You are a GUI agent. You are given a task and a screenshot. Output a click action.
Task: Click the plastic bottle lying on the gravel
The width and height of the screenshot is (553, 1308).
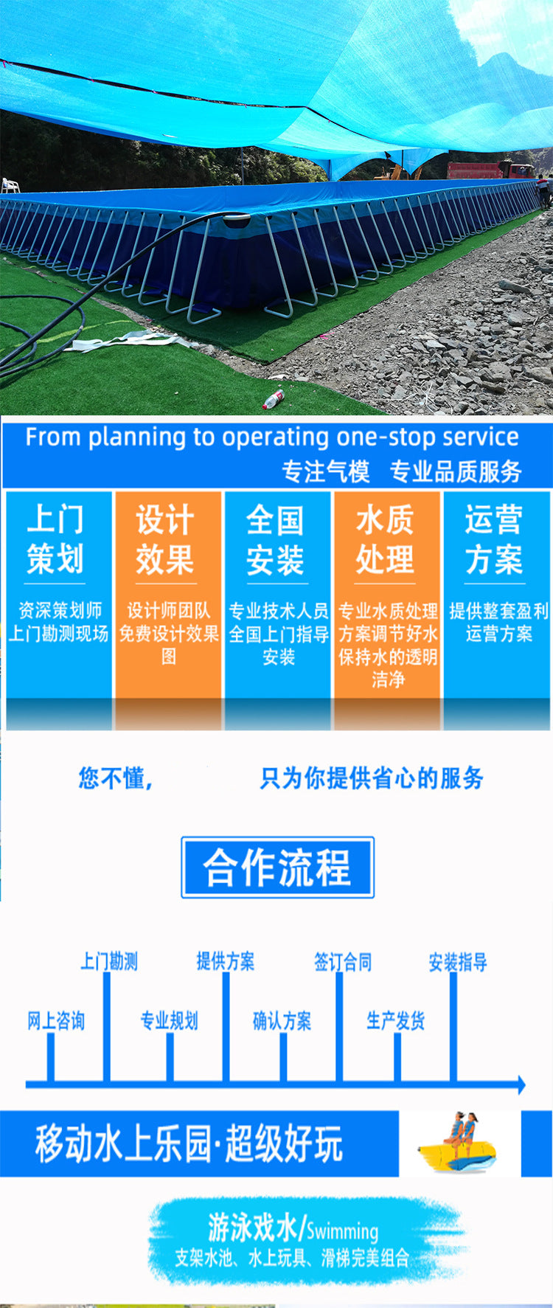click(274, 399)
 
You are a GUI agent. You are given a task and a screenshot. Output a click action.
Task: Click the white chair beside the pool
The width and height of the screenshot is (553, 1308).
click(10, 185)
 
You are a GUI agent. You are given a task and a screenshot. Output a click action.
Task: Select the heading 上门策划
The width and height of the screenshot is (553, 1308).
click(55, 539)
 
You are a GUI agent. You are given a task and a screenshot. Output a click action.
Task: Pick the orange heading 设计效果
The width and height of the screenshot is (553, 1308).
click(165, 539)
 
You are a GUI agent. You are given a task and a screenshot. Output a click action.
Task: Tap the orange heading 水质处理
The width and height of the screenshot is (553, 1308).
click(385, 539)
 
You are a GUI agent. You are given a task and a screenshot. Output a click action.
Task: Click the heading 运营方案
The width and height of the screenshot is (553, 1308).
click(494, 539)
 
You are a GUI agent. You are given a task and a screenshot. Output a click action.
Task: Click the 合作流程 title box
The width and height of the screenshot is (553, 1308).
click(278, 867)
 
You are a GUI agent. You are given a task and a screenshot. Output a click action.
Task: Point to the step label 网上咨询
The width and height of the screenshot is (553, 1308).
click(56, 1021)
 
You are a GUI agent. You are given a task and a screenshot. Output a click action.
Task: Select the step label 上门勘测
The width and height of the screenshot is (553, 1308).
click(109, 961)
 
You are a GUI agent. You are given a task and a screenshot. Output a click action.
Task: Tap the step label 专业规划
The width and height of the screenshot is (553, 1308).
click(170, 1021)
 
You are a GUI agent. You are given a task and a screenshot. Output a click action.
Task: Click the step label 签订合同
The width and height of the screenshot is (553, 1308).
click(343, 961)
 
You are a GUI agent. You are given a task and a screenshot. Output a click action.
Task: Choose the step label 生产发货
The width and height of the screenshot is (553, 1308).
click(396, 1021)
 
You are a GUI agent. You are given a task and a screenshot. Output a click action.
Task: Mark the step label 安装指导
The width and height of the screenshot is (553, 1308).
click(458, 961)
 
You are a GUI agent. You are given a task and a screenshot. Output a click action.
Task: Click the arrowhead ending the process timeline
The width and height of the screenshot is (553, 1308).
click(521, 1084)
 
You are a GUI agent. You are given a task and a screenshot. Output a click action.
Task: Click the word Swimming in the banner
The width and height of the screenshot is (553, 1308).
click(342, 1231)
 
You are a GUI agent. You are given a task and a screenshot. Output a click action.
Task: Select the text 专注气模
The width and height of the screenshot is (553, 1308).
click(325, 471)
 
